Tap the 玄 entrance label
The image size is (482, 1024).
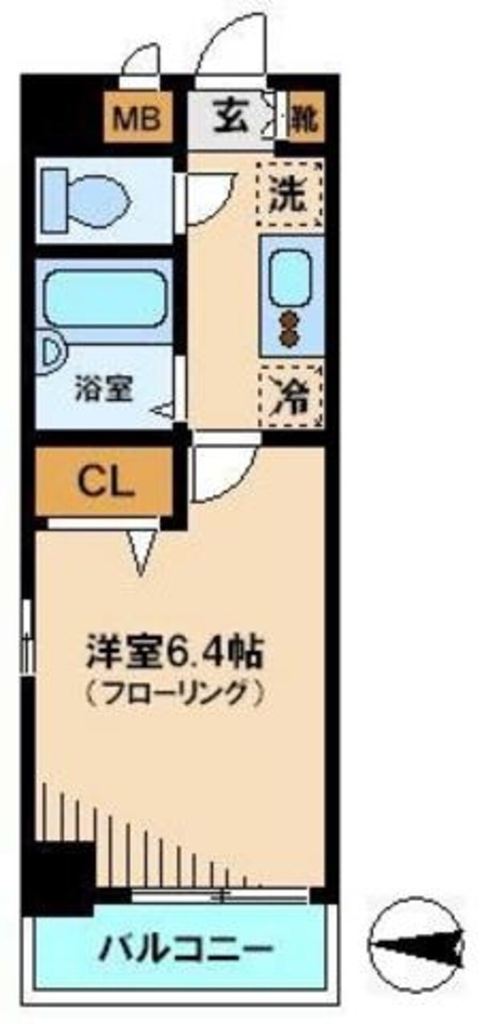(228, 119)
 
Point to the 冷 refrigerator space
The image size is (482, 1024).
(289, 395)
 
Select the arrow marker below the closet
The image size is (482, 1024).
(142, 551)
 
